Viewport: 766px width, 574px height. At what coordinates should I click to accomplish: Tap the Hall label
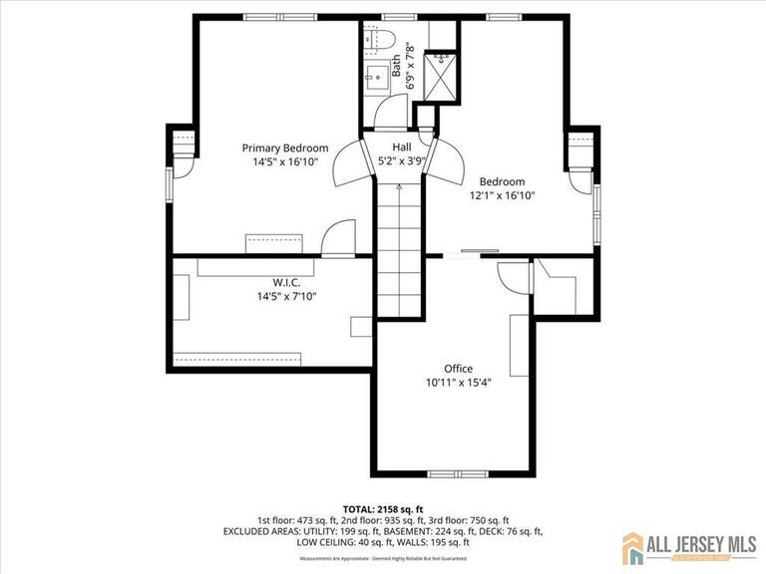coord(401,146)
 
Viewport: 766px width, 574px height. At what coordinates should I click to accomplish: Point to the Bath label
coord(397,67)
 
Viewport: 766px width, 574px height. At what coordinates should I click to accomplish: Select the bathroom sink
coord(377,76)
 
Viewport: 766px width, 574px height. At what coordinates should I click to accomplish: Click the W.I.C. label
coord(286,282)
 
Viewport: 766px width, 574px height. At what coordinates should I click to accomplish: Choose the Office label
coord(458,369)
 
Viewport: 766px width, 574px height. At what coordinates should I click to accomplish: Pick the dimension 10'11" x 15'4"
coord(458,383)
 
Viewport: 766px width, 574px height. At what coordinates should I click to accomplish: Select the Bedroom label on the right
coord(502,181)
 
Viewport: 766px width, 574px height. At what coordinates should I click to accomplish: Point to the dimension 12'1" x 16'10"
coord(502,196)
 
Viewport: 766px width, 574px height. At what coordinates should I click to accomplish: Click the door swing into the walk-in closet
coord(339,239)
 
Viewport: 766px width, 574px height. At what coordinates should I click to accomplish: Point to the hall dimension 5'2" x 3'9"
coord(401,160)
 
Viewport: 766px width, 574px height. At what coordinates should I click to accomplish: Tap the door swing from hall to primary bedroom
coord(349,165)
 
